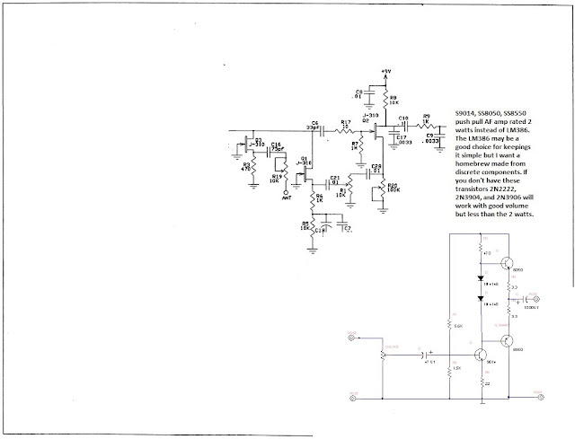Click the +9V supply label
pos(386,70)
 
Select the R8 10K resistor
pos(387,100)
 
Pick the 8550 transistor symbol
pos(507,340)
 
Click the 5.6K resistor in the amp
pos(449,325)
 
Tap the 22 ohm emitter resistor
pos(478,382)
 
